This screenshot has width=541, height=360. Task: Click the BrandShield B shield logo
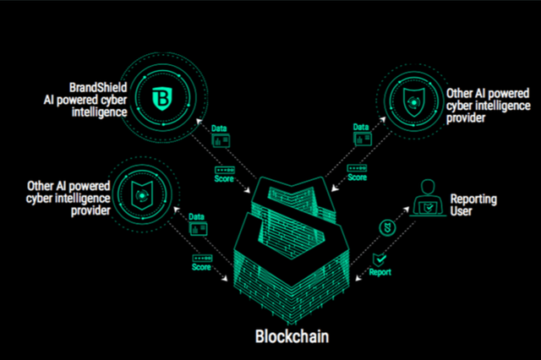click(162, 99)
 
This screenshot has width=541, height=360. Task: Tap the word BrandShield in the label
click(98, 88)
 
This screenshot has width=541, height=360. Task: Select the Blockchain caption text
click(292, 336)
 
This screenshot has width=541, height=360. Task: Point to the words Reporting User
click(473, 205)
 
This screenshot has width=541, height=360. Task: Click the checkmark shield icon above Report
click(380, 259)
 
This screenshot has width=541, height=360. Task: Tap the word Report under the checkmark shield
click(380, 272)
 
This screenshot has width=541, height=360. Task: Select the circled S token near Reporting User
click(387, 228)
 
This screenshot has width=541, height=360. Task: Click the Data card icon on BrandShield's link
click(221, 140)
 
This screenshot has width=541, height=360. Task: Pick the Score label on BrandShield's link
click(224, 178)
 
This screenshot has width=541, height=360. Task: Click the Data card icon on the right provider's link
click(363, 139)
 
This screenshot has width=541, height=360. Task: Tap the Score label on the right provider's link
click(357, 177)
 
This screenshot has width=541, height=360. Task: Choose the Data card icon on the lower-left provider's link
click(199, 229)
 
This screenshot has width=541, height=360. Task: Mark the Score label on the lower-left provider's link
click(201, 267)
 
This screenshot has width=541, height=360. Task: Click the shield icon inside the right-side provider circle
click(413, 102)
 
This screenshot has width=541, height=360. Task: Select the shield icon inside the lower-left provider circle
click(142, 195)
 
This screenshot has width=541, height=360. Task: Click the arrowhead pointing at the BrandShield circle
click(199, 122)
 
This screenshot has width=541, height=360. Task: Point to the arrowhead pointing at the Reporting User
click(406, 210)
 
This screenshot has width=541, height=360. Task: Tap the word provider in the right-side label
click(466, 118)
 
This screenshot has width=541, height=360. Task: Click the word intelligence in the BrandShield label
click(100, 112)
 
